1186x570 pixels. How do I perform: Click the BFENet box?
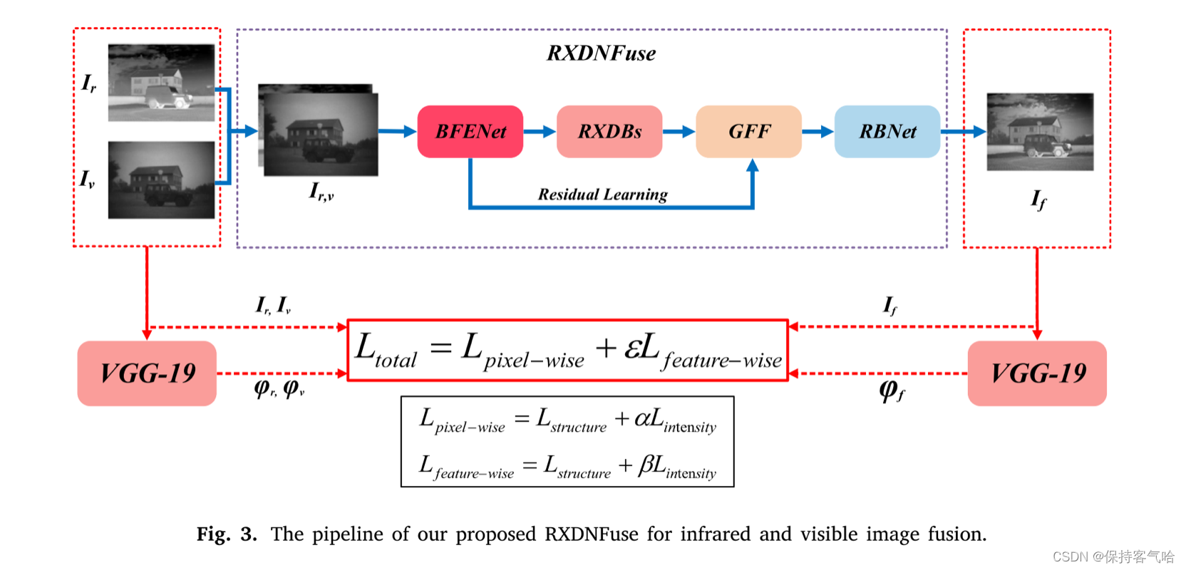pos(470,132)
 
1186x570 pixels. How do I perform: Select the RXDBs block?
pos(609,132)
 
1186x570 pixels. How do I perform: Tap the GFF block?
pos(748,132)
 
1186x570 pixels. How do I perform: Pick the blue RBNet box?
pos(887,132)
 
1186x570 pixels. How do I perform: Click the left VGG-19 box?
pos(147,373)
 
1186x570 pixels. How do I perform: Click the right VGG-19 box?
pos(1037,373)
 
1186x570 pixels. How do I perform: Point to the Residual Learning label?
pos(603,195)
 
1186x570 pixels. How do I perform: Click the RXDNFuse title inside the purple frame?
pos(601,53)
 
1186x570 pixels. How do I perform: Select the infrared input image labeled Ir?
pos(161,83)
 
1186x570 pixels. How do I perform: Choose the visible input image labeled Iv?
pos(161,180)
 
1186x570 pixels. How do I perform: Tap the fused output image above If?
pos(1040,132)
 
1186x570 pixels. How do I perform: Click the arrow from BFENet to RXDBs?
pos(540,132)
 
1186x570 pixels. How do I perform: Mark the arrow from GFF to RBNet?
pos(818,132)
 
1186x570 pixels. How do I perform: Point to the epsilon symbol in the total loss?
pos(632,349)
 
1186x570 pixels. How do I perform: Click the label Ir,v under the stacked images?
pos(321,191)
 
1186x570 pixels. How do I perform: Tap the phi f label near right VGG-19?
pos(892,390)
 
